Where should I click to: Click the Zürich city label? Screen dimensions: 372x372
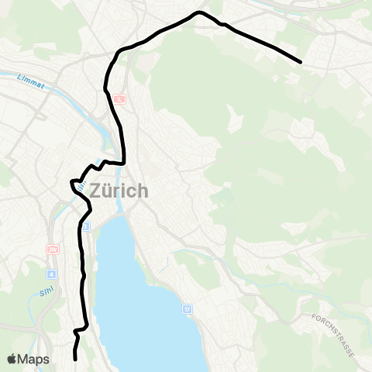click(x=119, y=190)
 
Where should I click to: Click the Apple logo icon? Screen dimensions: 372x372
click(x=13, y=359)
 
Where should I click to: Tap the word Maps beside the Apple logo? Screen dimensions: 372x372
click(x=34, y=360)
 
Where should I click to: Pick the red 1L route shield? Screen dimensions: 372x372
click(x=119, y=99)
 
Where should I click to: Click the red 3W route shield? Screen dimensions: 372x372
click(x=53, y=249)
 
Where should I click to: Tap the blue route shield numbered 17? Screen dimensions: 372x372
click(x=187, y=309)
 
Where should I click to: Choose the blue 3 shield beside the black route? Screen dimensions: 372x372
click(x=86, y=226)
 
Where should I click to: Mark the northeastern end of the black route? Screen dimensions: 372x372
click(x=300, y=60)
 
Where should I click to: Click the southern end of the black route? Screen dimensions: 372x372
click(x=75, y=359)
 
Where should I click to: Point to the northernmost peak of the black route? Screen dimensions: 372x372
click(x=200, y=12)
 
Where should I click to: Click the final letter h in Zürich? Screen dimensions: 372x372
click(x=141, y=190)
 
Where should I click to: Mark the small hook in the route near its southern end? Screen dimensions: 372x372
click(x=76, y=332)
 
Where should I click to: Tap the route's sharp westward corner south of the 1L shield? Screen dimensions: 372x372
click(x=74, y=184)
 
